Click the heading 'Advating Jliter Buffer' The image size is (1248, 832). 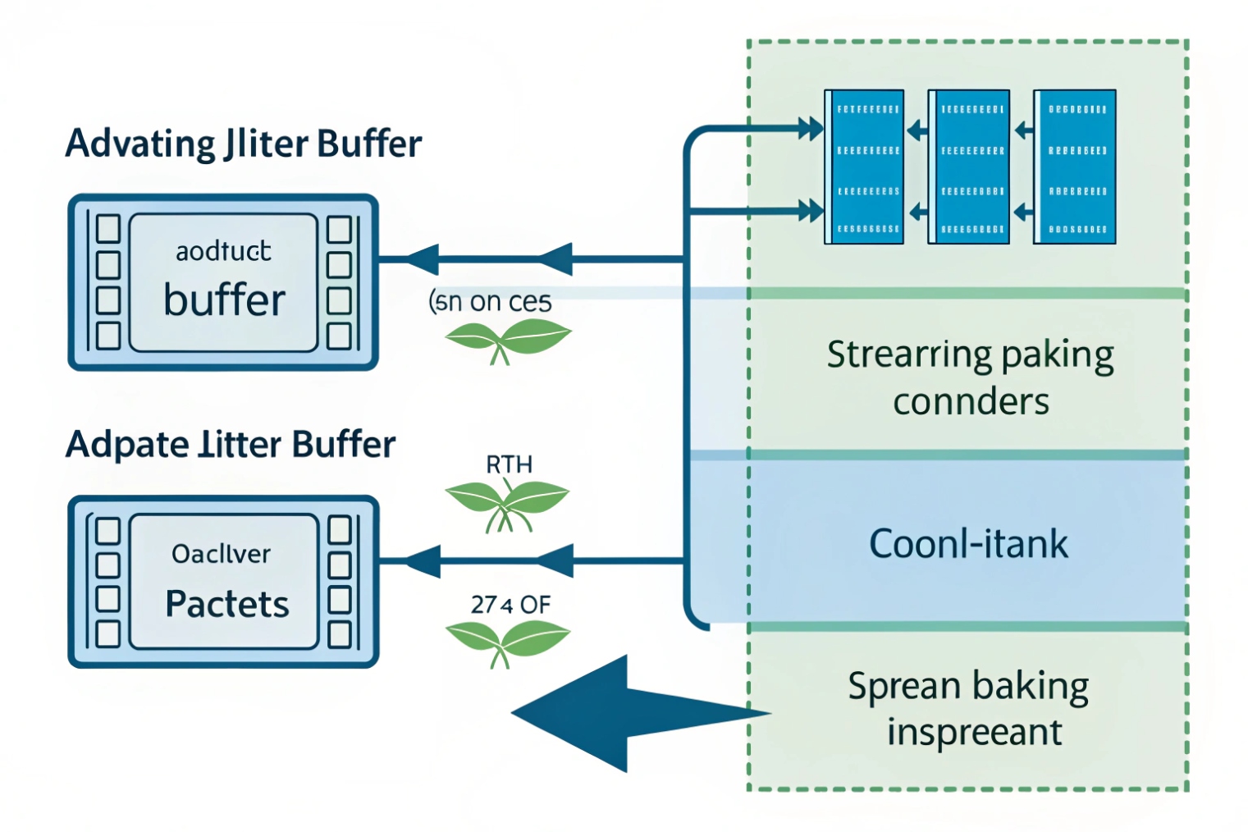(243, 144)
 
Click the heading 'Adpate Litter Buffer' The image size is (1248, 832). (231, 445)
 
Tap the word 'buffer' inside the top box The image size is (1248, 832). (224, 299)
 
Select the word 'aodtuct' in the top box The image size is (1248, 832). (223, 251)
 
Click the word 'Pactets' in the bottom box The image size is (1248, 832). (227, 604)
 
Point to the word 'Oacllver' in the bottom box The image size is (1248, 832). (221, 554)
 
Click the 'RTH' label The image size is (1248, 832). (509, 464)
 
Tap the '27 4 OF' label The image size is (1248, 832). (510, 605)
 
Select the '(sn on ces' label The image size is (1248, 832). (491, 302)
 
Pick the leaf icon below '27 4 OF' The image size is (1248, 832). (507, 641)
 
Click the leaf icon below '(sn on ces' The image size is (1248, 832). (507, 338)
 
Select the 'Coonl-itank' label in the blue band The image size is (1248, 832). (968, 543)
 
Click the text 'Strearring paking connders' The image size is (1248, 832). (970, 377)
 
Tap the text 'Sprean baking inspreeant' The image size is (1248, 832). (970, 708)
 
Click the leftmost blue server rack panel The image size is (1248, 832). (865, 167)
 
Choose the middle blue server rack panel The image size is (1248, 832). (969, 167)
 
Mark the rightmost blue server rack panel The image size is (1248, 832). (1075, 167)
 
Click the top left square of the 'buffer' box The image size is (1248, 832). (108, 229)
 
